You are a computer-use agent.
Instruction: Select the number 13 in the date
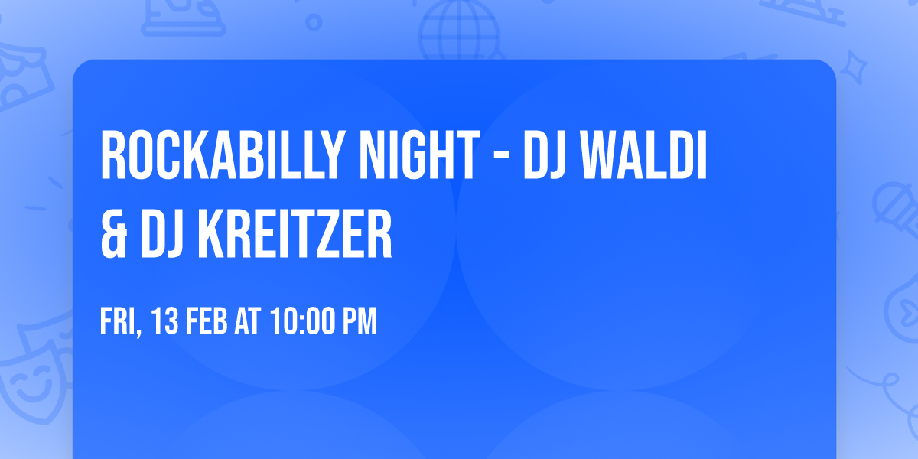(166, 322)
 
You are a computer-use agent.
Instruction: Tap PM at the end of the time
(359, 322)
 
